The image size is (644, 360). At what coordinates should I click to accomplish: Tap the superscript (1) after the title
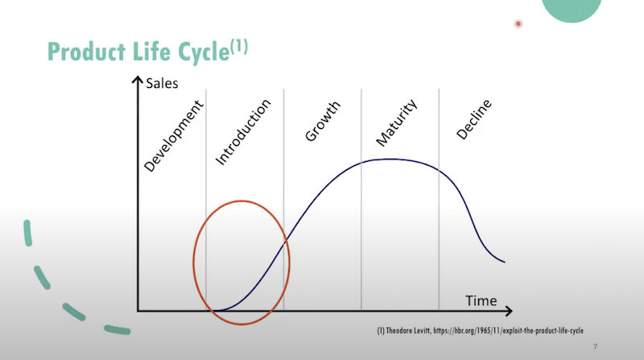[239, 46]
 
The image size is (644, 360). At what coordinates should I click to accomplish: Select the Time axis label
[481, 301]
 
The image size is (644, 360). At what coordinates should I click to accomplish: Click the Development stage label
[175, 136]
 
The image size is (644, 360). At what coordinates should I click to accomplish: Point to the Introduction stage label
[244, 132]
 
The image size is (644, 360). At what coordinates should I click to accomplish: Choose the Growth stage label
[322, 122]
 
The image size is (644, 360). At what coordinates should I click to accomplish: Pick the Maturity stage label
[396, 123]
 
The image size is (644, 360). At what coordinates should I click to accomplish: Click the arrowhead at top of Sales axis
[138, 81]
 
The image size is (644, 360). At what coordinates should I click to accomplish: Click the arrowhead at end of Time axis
[514, 310]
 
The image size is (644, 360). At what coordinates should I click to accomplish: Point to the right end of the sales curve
[504, 262]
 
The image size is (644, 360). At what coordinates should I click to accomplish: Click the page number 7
[594, 346]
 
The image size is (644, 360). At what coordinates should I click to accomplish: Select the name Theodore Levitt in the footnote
[411, 332]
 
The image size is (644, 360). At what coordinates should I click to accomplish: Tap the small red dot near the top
[518, 23]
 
